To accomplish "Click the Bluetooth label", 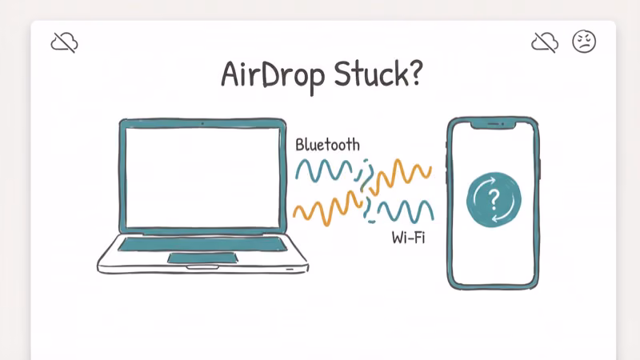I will (x=327, y=145).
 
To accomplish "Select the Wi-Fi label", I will (x=408, y=237).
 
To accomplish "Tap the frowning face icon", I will (x=584, y=42).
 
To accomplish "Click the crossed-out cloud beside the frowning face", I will (x=546, y=42).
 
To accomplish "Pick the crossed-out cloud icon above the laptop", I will (x=64, y=42).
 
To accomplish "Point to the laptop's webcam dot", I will (x=202, y=124).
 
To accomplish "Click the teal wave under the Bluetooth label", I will (x=325, y=170).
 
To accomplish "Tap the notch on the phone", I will (x=493, y=125).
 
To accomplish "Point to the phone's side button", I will (x=541, y=169).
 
